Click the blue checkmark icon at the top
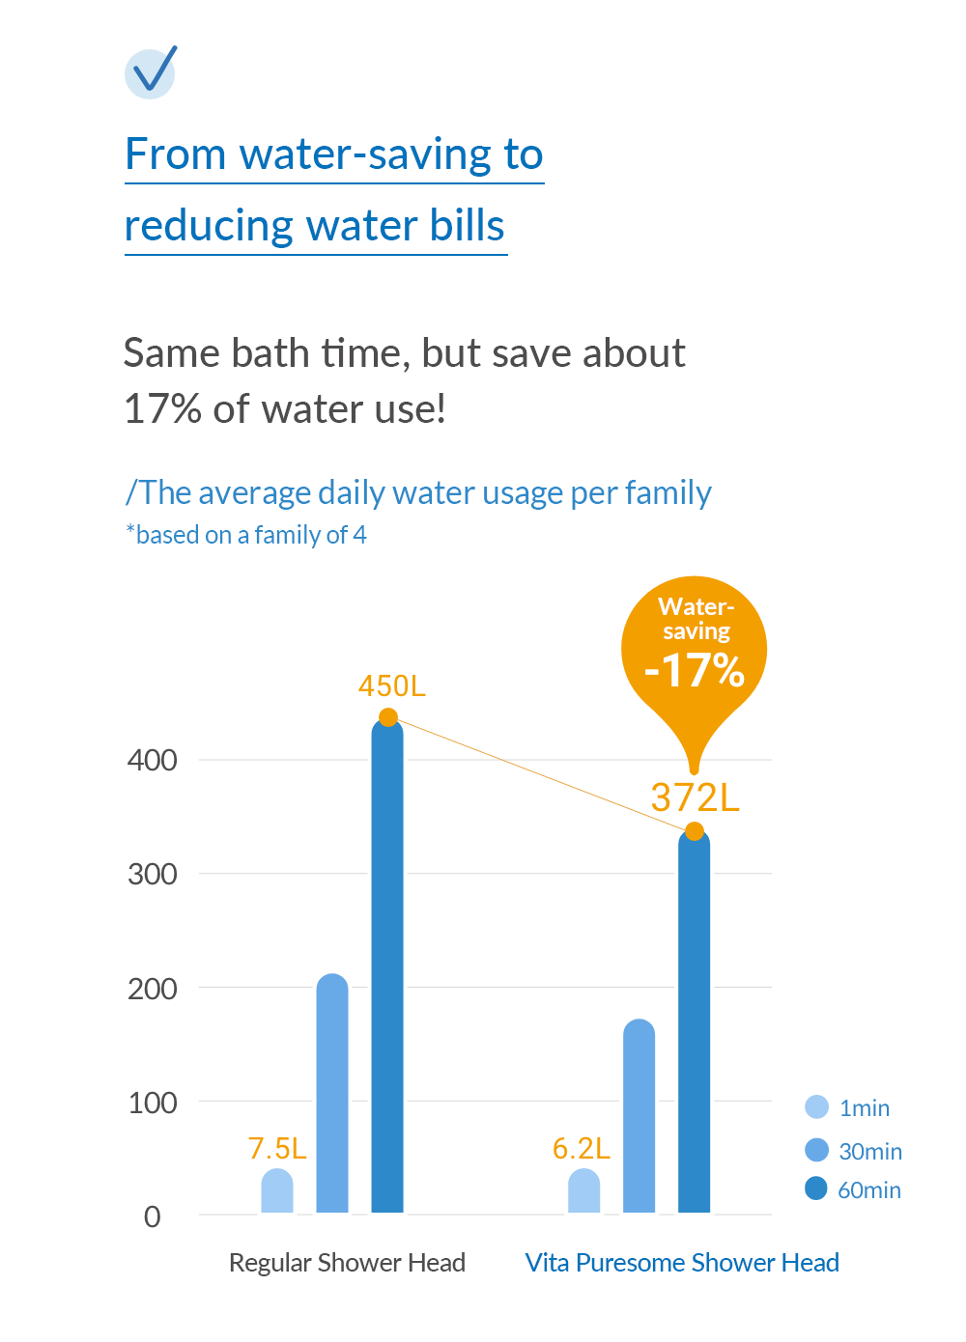[x=151, y=72]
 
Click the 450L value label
[x=391, y=686]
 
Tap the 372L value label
[x=695, y=798]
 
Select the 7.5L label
[x=277, y=1148]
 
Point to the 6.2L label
[x=582, y=1148]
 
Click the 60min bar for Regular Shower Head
[x=387, y=965]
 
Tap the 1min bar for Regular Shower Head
[x=277, y=1191]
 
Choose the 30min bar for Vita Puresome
[x=639, y=1116]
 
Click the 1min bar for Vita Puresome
[x=583, y=1191]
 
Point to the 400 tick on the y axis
[x=153, y=761]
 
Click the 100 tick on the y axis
[x=153, y=1103]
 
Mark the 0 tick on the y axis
[x=153, y=1216]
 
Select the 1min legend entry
[x=848, y=1107]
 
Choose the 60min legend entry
[x=853, y=1189]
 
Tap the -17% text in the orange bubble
[x=695, y=670]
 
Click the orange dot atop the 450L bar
[x=388, y=717]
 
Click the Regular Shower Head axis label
[x=347, y=1263]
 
